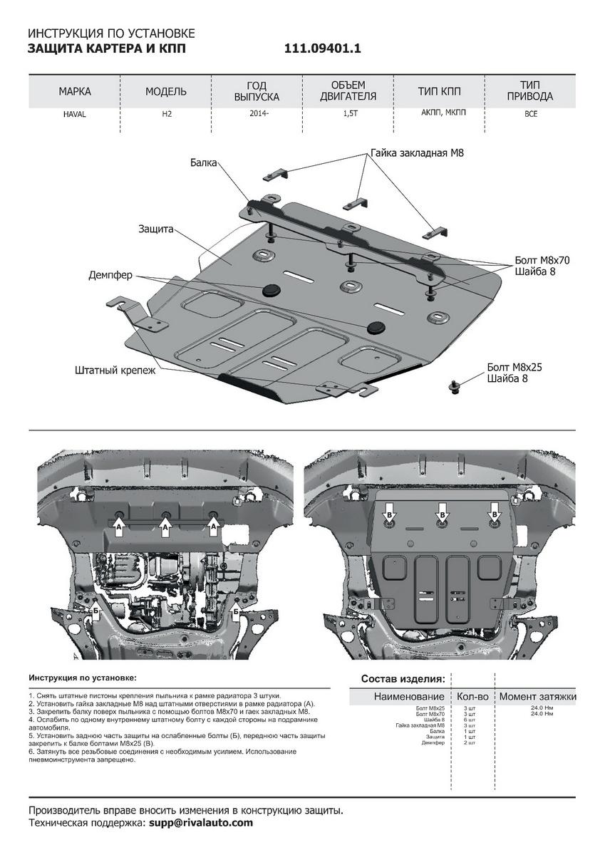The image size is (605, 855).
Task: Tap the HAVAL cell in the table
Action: pyautogui.click(x=74, y=114)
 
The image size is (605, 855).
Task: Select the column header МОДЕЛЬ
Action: pyautogui.click(x=166, y=92)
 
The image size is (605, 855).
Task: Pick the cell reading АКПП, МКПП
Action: pyautogui.click(x=440, y=113)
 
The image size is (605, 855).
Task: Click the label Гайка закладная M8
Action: pyautogui.click(x=416, y=153)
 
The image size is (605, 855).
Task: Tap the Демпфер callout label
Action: pyautogui.click(x=110, y=275)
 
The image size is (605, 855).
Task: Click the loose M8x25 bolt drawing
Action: pyautogui.click(x=453, y=387)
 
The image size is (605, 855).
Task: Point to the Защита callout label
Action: pyautogui.click(x=156, y=229)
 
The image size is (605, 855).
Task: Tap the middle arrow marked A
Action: pyautogui.click(x=165, y=527)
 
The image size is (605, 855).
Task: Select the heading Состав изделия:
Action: pyautogui.click(x=403, y=678)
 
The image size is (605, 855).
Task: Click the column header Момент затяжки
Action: pyautogui.click(x=537, y=696)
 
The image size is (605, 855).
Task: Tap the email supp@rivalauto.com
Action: pyautogui.click(x=201, y=822)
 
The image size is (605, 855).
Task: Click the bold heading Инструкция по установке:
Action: pyautogui.click(x=82, y=678)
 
